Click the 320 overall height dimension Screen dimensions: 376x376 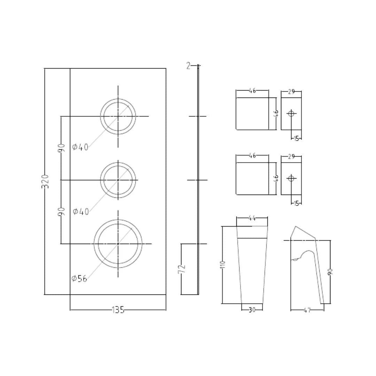pos(45,181)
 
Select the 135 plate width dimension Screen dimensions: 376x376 pos(118,310)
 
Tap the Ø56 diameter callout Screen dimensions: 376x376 pos(79,278)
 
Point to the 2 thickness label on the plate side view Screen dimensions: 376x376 pos(188,65)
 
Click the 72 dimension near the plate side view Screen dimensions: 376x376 pos(182,269)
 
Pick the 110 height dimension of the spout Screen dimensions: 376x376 pos(223,264)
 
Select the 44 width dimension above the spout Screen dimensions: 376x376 pos(252,218)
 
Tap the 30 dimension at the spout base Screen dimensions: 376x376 pos(252,310)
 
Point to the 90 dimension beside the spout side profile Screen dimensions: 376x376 pos(330,272)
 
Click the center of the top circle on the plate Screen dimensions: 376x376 pos(118,116)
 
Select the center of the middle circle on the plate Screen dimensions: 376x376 pos(118,180)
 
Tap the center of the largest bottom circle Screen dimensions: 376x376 pos(118,244)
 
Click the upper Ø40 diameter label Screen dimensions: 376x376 pos(80,147)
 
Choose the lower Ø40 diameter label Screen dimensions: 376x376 pos(81,211)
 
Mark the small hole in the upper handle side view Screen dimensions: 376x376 pos(291,113)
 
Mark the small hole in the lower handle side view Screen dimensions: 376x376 pos(291,179)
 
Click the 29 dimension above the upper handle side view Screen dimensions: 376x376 pos(291,92)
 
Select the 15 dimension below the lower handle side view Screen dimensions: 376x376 pos(296,203)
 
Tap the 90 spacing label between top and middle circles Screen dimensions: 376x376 pos(61,148)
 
